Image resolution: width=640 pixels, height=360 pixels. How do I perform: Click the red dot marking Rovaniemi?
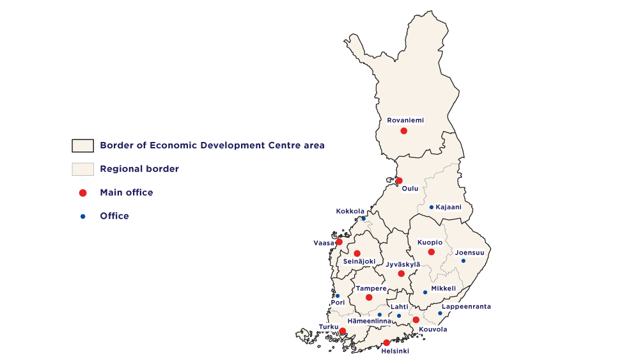[x=403, y=131]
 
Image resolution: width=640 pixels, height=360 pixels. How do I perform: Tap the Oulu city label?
[x=410, y=189]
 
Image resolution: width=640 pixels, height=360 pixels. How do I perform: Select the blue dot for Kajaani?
[x=432, y=207]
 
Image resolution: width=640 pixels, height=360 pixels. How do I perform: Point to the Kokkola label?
[x=350, y=211]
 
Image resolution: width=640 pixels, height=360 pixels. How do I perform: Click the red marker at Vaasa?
[x=339, y=242]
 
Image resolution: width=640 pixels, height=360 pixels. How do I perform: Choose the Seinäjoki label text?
[x=359, y=262]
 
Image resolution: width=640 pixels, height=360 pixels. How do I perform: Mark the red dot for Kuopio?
[x=432, y=252]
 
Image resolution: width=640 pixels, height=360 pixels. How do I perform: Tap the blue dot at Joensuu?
[x=464, y=260]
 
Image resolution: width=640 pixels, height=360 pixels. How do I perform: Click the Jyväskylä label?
[x=403, y=264]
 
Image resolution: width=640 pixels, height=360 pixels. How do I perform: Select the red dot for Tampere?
[x=369, y=297]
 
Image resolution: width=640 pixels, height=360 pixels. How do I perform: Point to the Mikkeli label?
[x=443, y=288]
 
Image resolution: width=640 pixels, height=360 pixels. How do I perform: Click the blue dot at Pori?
[x=338, y=295]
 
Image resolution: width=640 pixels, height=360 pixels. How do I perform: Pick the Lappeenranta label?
[x=466, y=306]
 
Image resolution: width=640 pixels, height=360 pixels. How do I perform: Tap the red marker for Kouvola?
[x=416, y=320]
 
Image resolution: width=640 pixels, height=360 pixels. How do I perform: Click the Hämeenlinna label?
[x=369, y=321]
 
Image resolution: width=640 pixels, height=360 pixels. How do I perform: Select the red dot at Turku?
[x=343, y=331]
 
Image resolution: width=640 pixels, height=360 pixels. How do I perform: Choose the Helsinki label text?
[x=394, y=351]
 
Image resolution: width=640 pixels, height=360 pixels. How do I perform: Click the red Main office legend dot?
[x=82, y=192]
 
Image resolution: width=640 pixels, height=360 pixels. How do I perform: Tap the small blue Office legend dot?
[x=82, y=216]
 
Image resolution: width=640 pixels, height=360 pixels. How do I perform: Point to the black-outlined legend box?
[x=82, y=146]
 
